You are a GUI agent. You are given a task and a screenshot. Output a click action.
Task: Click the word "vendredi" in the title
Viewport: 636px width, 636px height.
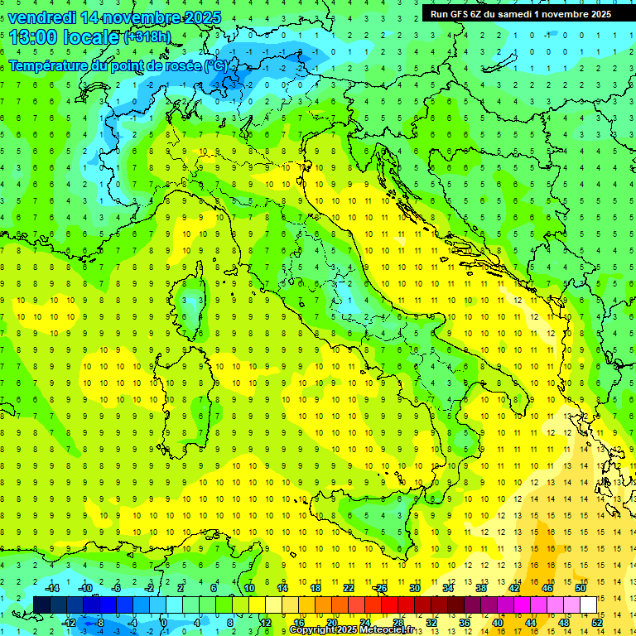pos(41,17)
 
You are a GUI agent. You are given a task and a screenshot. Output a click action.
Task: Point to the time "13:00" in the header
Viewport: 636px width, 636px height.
pos(33,36)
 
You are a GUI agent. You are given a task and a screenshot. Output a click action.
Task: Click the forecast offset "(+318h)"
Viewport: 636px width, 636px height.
pos(148,37)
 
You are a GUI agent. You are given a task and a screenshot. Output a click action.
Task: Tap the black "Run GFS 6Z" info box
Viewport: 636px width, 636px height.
pos(521,13)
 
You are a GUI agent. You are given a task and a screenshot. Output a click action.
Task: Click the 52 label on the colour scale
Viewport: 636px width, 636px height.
pos(597,622)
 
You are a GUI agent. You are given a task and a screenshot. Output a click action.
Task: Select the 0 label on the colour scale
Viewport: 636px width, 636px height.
pos(165,622)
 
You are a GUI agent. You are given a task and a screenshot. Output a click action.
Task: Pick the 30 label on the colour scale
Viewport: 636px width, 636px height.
pos(415,587)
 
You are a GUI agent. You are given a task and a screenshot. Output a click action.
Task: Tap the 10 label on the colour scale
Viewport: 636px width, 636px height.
pos(248,587)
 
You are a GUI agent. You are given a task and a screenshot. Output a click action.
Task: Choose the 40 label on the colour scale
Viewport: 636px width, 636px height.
pos(498,622)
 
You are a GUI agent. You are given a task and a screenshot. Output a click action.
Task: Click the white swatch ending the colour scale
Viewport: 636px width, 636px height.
pos(588,605)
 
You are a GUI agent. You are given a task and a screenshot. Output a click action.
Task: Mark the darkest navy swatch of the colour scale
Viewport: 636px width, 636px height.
pos(41,605)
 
